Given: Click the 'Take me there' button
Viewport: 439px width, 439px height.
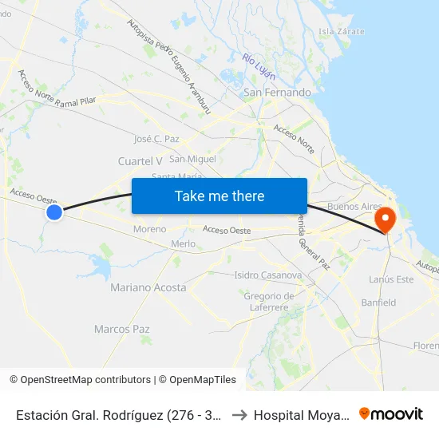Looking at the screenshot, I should click(219, 196).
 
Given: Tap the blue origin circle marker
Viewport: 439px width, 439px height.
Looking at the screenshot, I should click(54, 212).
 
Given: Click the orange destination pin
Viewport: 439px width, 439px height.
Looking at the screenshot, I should click(386, 219).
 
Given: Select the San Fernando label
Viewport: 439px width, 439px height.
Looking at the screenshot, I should click(277, 93).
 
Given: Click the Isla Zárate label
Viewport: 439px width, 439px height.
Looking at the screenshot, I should click(342, 31).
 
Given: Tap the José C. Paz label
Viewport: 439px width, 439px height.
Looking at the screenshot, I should click(156, 139).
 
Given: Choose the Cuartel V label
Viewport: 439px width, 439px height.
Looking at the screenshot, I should click(140, 161).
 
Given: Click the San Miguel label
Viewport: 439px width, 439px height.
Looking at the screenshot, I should click(192, 160).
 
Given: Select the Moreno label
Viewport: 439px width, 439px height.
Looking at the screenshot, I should click(150, 229).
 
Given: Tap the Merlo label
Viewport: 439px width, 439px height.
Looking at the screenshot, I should click(183, 243).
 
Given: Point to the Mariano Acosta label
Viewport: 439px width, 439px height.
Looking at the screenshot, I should click(148, 287).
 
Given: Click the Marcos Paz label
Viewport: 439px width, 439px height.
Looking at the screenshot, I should click(122, 329).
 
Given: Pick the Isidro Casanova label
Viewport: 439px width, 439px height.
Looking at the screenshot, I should click(267, 275).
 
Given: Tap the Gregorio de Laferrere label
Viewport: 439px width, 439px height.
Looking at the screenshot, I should click(269, 301).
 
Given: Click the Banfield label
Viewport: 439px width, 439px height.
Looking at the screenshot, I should click(378, 303).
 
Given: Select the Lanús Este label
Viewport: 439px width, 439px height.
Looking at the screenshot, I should click(391, 279).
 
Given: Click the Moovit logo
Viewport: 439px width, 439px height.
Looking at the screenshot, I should click(391, 414).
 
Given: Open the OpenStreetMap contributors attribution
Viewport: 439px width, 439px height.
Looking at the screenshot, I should click(85, 380).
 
